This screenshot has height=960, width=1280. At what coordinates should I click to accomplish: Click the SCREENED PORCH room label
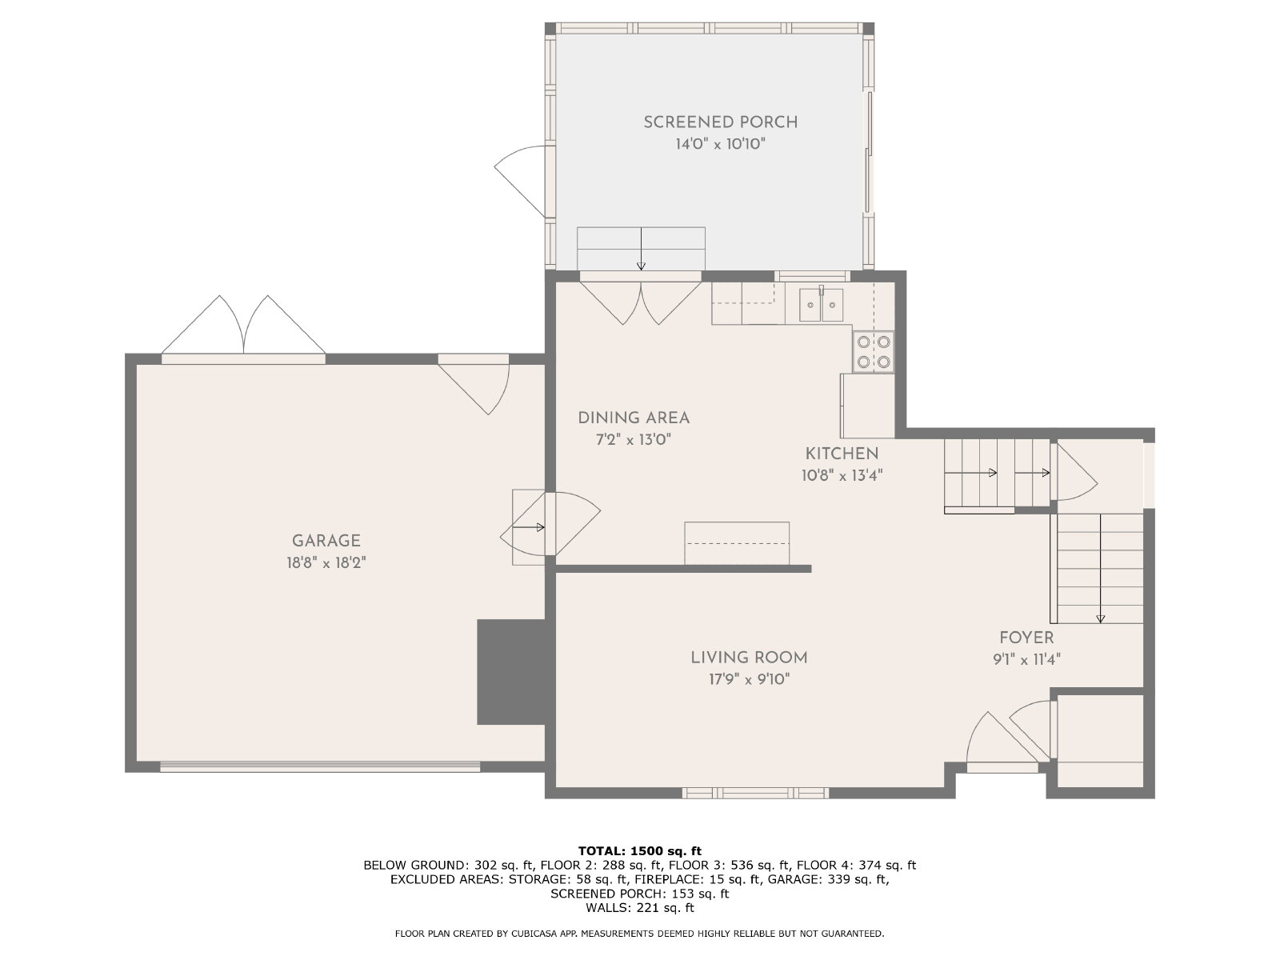[x=720, y=122]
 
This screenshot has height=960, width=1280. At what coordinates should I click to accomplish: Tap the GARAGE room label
[x=326, y=541]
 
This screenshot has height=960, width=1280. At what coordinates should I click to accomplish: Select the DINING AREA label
[x=634, y=418]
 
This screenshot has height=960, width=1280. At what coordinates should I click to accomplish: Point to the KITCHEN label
[x=842, y=454]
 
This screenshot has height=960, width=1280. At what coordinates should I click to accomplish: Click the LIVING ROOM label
[x=749, y=658]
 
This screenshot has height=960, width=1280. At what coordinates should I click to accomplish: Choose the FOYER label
[x=1026, y=638]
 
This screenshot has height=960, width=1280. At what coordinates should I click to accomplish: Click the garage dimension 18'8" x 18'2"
[x=326, y=563]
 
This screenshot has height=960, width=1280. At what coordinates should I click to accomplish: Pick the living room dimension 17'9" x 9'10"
[x=749, y=680]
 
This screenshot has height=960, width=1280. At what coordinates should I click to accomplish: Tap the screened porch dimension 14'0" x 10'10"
[x=720, y=144]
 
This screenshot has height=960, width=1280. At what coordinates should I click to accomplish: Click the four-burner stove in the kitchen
[x=873, y=351]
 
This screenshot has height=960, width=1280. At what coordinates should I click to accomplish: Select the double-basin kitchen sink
[x=821, y=304]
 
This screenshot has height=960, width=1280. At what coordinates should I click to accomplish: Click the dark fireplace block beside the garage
[x=511, y=671]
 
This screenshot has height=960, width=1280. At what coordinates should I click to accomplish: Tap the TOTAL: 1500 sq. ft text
[x=640, y=850]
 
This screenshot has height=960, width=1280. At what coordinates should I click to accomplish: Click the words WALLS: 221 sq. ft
[x=640, y=907]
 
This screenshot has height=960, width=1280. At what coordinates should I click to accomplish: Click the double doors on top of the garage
[x=243, y=326]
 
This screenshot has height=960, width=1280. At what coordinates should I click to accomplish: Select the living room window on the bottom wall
[x=755, y=792]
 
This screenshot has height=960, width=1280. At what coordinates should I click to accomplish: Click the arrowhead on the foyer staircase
[x=1100, y=619]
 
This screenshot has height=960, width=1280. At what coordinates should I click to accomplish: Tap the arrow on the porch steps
[x=641, y=249]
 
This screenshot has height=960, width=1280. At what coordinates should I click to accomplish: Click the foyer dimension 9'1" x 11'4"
[x=1026, y=659]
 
